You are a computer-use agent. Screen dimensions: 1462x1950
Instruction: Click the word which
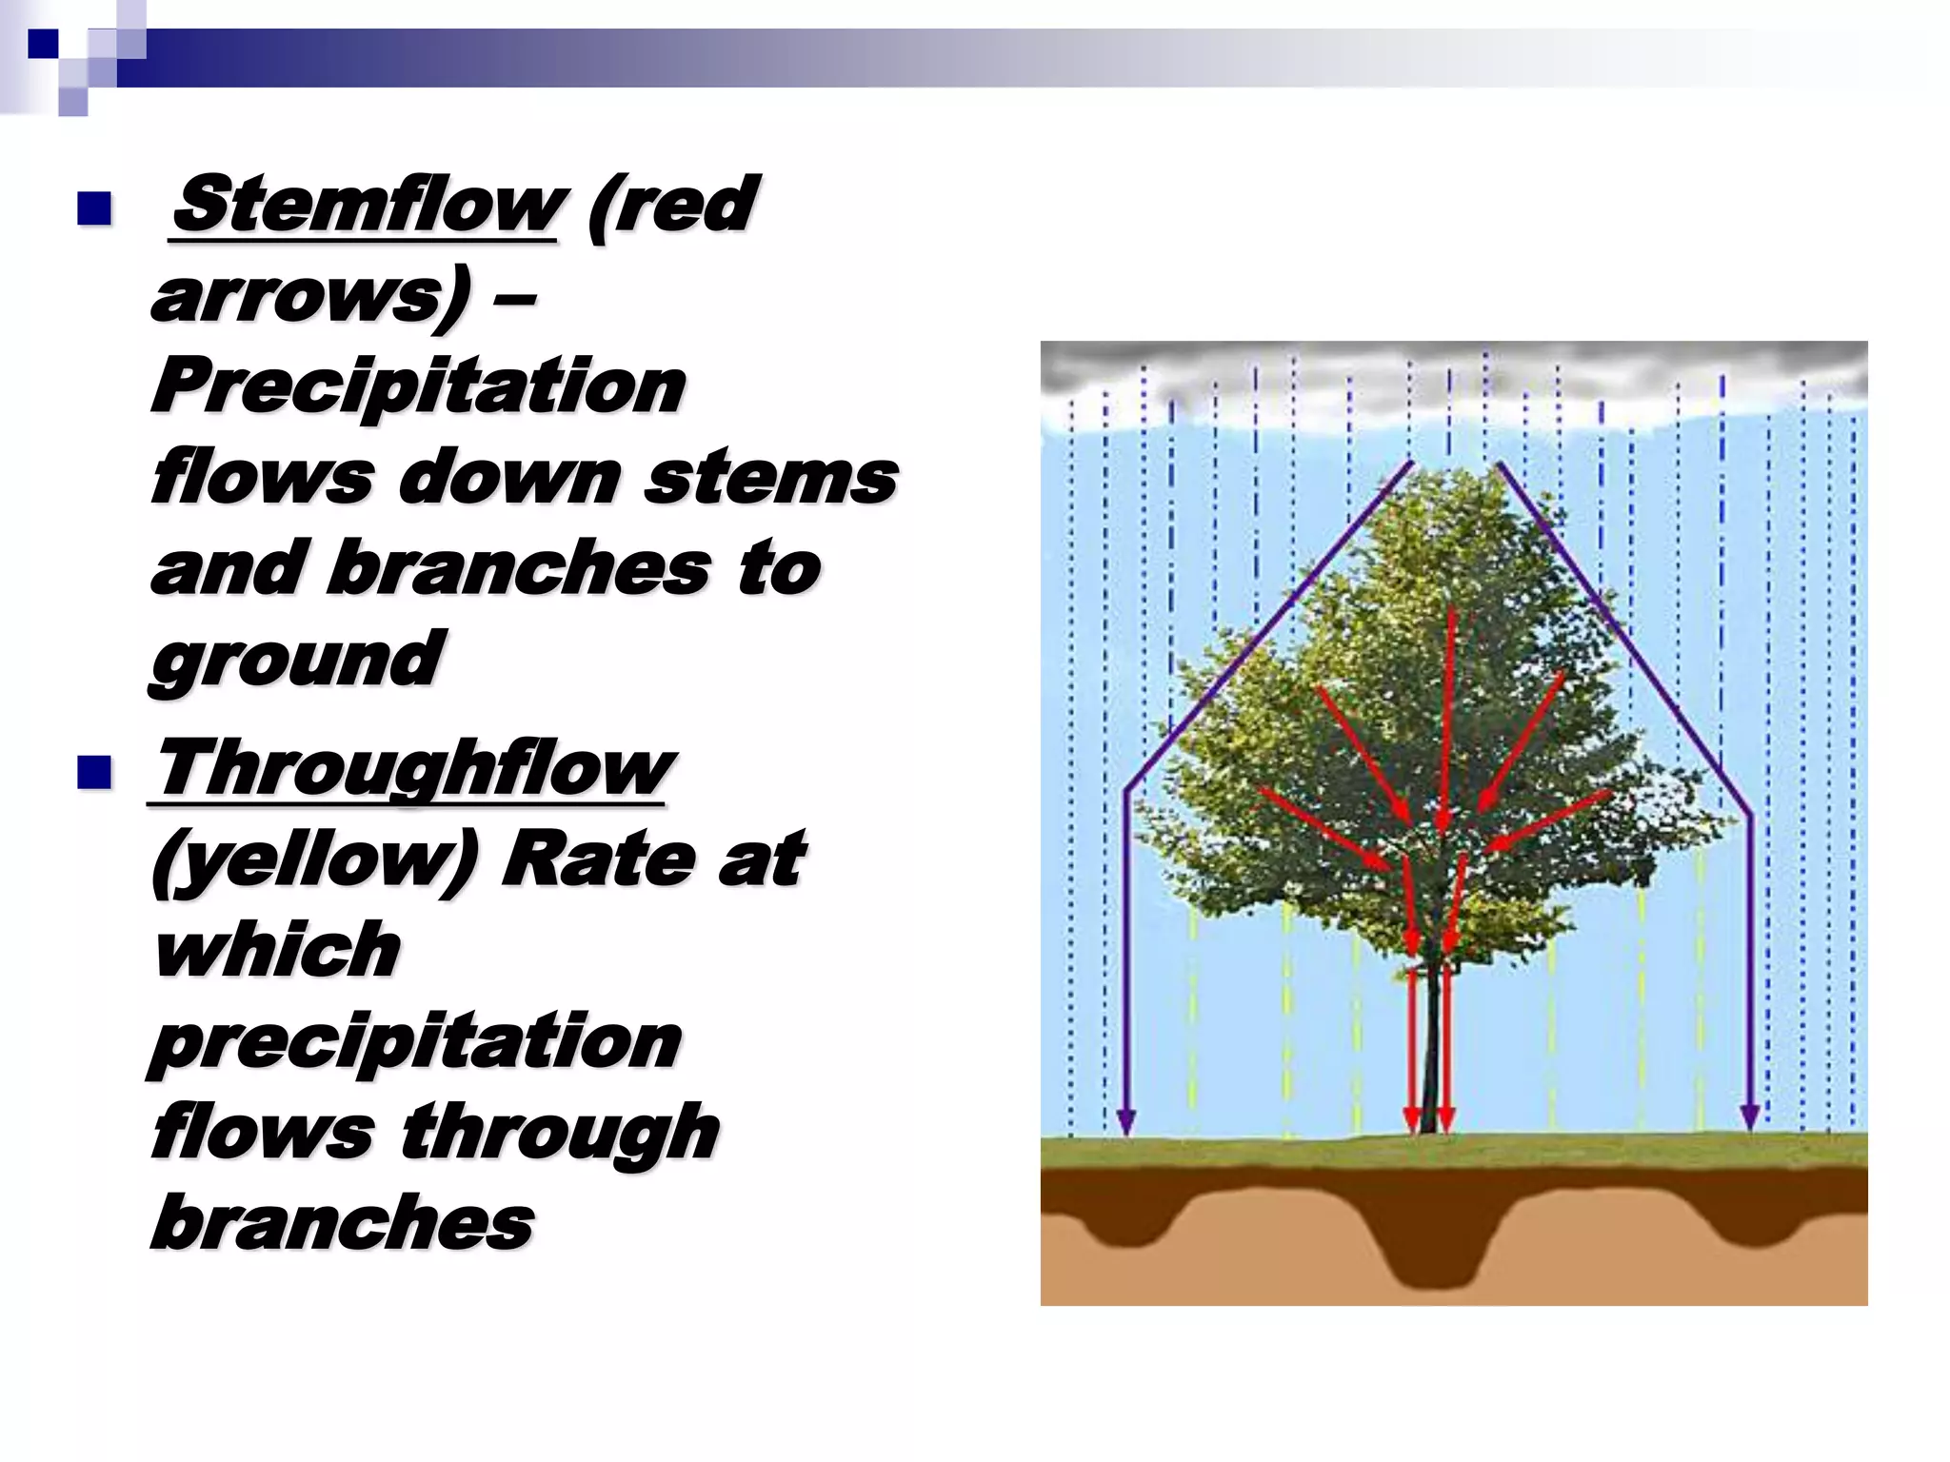(x=277, y=950)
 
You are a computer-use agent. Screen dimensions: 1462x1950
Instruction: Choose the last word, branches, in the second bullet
(x=343, y=1223)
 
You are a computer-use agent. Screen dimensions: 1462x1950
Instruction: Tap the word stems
(x=770, y=478)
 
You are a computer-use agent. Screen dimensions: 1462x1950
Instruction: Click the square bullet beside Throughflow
(x=94, y=772)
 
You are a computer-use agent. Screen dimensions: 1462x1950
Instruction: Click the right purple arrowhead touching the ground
(x=1749, y=1117)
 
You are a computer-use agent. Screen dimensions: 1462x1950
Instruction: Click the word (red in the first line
(x=672, y=206)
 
